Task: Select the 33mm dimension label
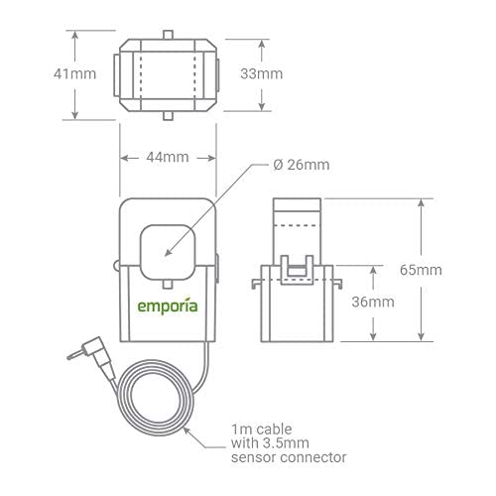pos(262,74)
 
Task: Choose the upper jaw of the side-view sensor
pos(295,223)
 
